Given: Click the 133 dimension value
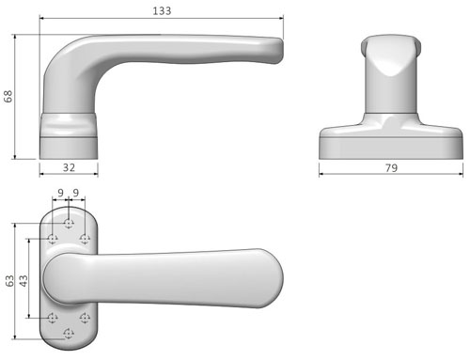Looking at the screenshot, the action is click(x=162, y=11).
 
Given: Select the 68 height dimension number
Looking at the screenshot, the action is click(x=8, y=96).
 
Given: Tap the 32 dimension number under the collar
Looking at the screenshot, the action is click(x=69, y=167).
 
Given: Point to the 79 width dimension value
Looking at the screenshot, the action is click(x=391, y=168).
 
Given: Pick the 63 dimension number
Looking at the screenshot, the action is click(x=9, y=281).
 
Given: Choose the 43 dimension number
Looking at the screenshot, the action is click(x=23, y=281).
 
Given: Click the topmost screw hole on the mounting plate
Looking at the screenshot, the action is click(x=69, y=224).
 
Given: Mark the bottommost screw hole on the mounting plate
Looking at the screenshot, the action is click(x=69, y=333).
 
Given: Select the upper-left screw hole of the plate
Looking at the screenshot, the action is click(x=53, y=239).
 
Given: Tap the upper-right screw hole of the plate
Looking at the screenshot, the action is click(x=85, y=239).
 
